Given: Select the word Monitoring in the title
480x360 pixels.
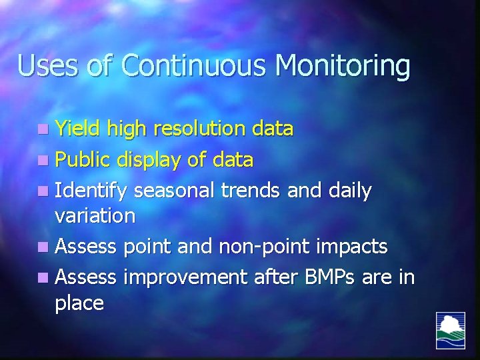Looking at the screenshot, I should point(343,67).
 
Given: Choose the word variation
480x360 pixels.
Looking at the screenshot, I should point(95,215).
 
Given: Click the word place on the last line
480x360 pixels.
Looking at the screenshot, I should point(79,304).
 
